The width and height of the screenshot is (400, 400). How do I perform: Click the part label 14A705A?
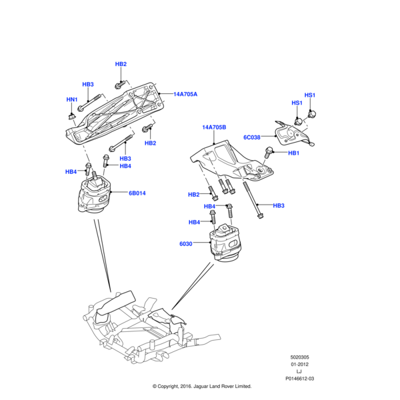tap(186, 95)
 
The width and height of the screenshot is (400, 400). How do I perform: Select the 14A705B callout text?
tap(215, 127)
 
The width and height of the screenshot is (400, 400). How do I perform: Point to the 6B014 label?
tap(137, 193)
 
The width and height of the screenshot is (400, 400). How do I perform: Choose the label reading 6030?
tap(185, 244)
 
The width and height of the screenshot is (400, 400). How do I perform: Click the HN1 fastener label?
tap(71, 100)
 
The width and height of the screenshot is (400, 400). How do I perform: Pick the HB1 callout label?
tap(294, 153)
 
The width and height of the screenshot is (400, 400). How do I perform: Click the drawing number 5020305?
tap(299, 358)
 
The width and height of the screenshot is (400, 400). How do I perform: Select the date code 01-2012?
tap(299, 365)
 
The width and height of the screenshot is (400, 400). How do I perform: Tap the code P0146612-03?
tap(299, 378)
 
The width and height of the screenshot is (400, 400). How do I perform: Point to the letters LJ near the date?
tap(299, 371)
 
